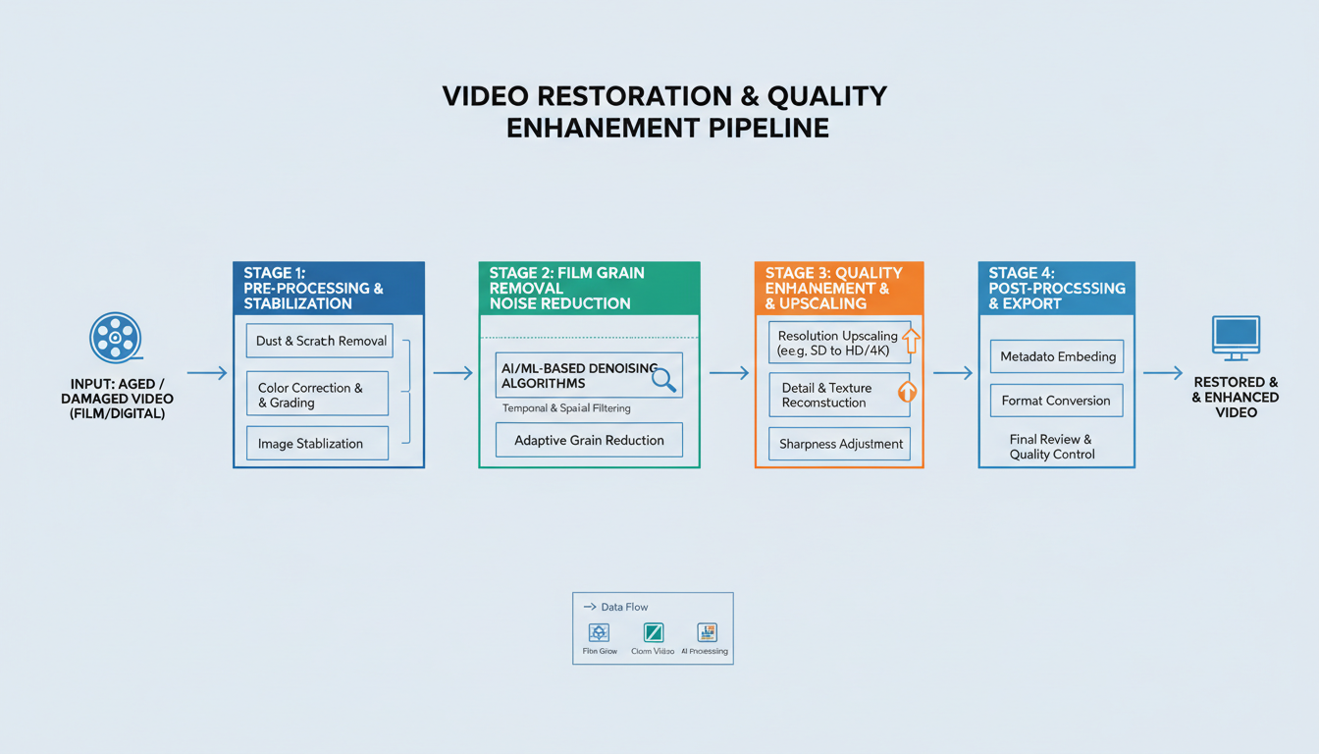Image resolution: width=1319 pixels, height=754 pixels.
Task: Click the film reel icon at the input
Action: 115,338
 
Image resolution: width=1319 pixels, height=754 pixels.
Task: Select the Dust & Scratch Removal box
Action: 319,341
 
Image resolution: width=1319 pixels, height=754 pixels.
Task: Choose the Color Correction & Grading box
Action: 317,395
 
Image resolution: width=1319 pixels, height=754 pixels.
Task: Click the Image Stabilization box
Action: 317,444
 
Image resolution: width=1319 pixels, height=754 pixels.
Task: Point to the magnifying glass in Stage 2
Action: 664,380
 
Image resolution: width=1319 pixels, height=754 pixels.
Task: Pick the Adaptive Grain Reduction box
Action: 589,440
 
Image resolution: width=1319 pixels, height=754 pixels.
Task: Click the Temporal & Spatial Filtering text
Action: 566,407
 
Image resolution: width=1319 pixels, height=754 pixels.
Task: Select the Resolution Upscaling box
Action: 839,343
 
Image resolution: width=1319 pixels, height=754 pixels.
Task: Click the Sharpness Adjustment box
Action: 839,444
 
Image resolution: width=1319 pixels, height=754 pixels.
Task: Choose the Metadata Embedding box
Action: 1057,356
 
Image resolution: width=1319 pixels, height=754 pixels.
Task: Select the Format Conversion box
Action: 1056,401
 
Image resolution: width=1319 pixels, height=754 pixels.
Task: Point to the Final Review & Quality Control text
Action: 1051,447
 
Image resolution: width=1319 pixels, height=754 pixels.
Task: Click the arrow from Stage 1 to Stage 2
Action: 451,373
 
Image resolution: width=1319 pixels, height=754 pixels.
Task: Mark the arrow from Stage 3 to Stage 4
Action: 951,373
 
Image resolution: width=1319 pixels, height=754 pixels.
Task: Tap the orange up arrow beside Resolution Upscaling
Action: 911,341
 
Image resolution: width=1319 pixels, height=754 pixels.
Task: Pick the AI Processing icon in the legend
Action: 706,632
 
